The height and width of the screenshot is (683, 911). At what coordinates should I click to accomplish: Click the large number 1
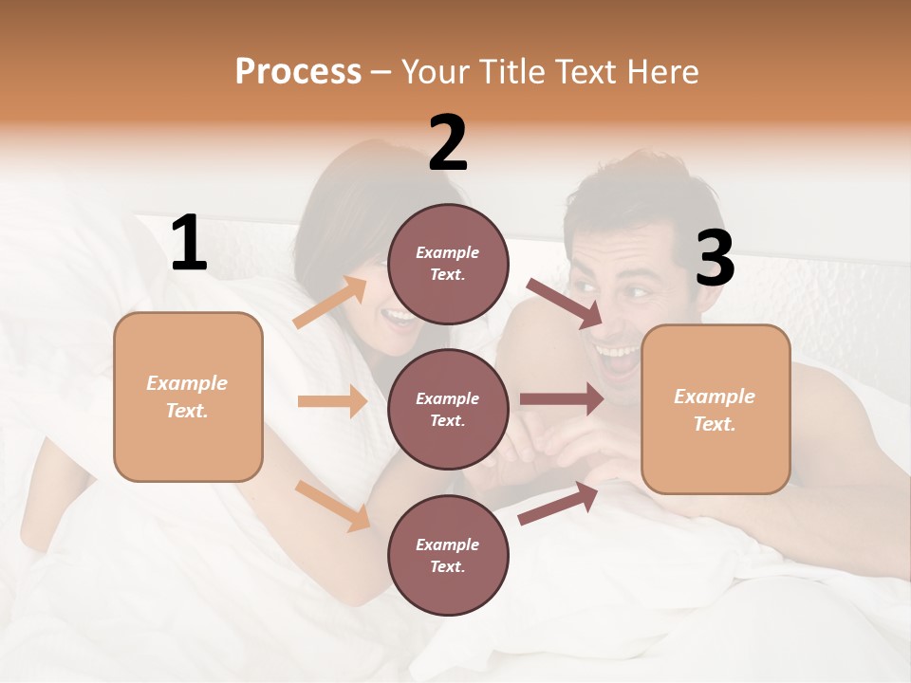coord(190,244)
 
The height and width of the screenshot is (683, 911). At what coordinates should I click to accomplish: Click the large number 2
coord(448,143)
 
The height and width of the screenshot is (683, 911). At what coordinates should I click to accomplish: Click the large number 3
coord(715,258)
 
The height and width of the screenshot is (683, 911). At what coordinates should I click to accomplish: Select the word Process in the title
coord(298,72)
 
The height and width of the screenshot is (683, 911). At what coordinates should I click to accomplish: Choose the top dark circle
coord(448,264)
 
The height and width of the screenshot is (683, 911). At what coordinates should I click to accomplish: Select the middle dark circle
coord(448,409)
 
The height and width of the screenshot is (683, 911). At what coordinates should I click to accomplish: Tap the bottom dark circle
coord(448,555)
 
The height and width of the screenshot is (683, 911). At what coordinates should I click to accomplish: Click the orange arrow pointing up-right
coord(330,303)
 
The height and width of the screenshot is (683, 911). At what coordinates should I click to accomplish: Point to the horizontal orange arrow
coord(332,401)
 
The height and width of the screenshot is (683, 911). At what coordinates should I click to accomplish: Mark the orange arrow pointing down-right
coord(332,505)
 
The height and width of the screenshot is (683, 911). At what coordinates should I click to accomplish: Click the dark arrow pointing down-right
coord(565,304)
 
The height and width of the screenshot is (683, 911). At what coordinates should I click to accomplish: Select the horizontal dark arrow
coord(561,398)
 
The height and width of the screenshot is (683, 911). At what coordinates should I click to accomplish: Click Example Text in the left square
coord(187,397)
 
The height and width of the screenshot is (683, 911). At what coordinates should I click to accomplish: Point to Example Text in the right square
coord(715,410)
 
